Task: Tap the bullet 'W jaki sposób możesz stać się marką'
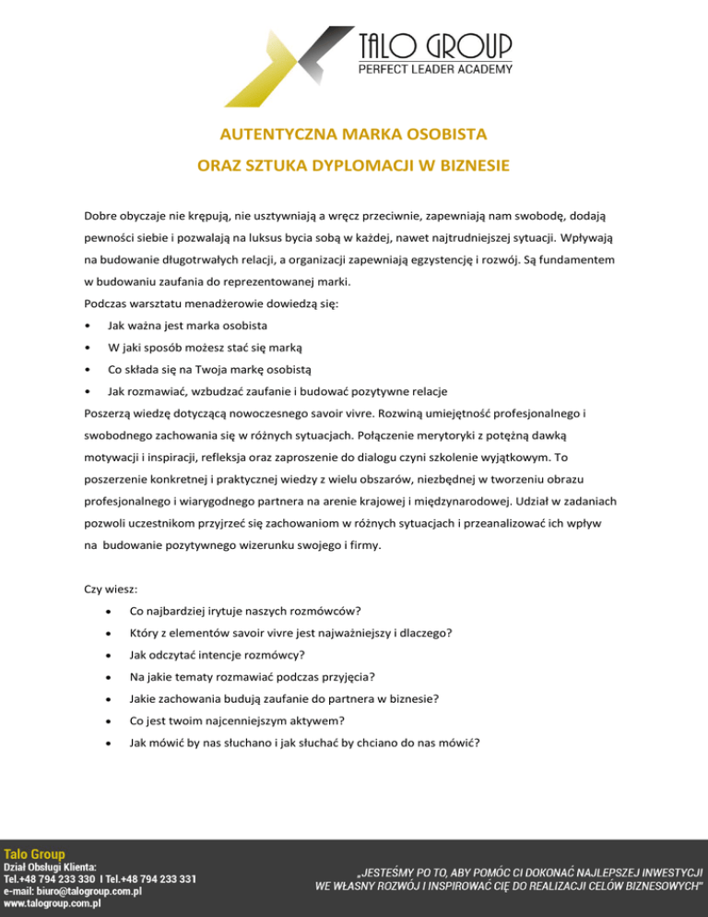tap(204, 348)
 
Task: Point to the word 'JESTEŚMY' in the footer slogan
tap(391, 872)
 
